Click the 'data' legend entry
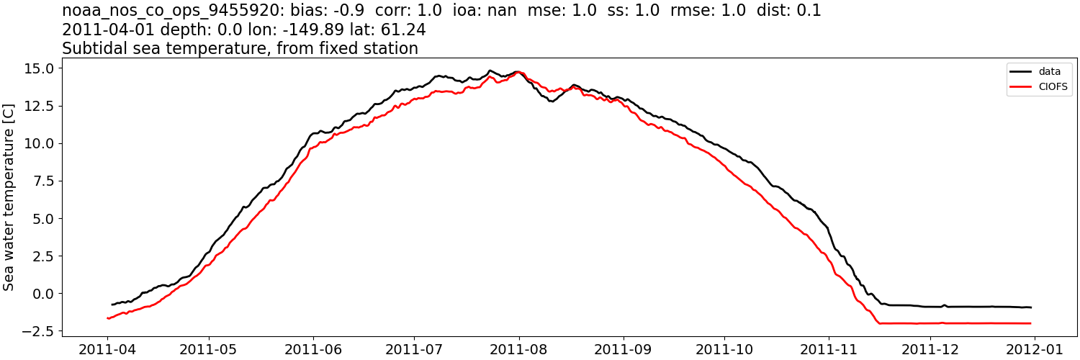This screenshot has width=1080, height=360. [x=1049, y=71]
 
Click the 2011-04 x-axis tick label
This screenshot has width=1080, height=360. [x=108, y=348]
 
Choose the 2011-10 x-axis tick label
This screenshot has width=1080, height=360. [x=724, y=348]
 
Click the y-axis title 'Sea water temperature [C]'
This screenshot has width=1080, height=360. [x=9, y=197]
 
